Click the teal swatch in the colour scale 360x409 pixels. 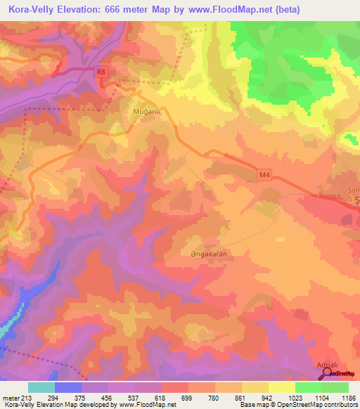tap(41, 387)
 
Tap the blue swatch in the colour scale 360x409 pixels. tap(68, 387)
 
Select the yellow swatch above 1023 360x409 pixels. tap(282, 387)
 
